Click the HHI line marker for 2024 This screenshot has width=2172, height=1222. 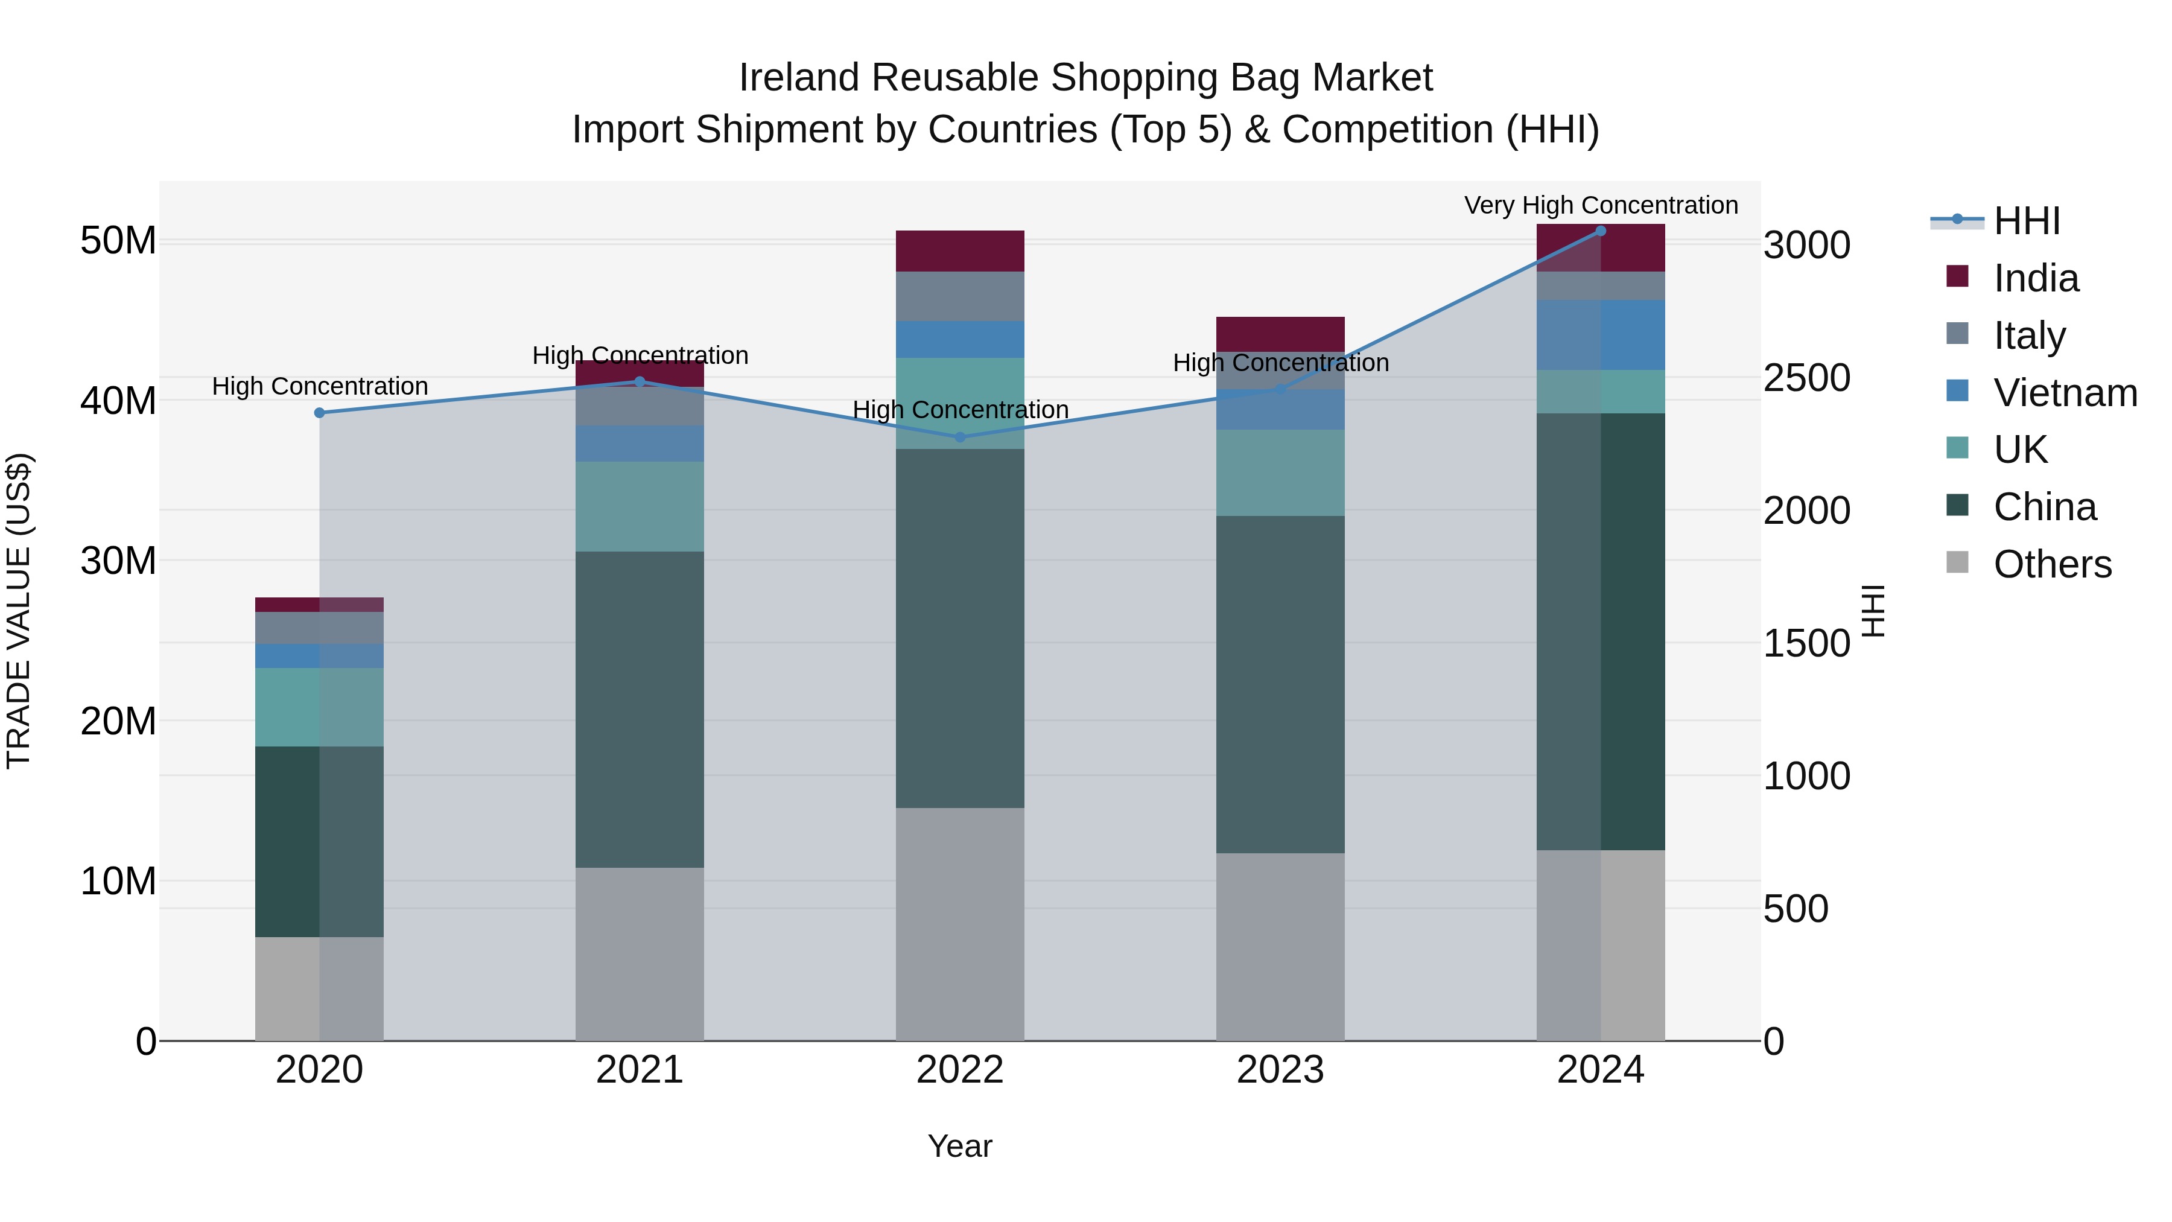click(1600, 231)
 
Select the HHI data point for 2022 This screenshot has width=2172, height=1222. click(959, 437)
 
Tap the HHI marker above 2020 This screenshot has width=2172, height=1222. click(320, 412)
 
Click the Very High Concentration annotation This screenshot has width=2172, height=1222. click(1600, 206)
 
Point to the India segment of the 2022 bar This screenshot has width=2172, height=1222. click(959, 250)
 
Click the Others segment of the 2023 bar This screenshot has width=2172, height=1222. click(1280, 946)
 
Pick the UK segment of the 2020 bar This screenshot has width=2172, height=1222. click(320, 707)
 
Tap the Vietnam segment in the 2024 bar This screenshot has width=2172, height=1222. click(1600, 335)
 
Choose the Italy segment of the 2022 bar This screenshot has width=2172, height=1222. click(959, 296)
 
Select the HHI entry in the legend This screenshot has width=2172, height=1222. click(2026, 221)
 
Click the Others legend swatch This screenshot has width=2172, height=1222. click(1957, 562)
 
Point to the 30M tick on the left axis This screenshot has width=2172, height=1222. click(118, 561)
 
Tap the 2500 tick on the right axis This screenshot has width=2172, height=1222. click(1807, 378)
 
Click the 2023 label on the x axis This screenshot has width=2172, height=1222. click(1280, 1070)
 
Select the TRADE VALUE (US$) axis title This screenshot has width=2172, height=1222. click(19, 611)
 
